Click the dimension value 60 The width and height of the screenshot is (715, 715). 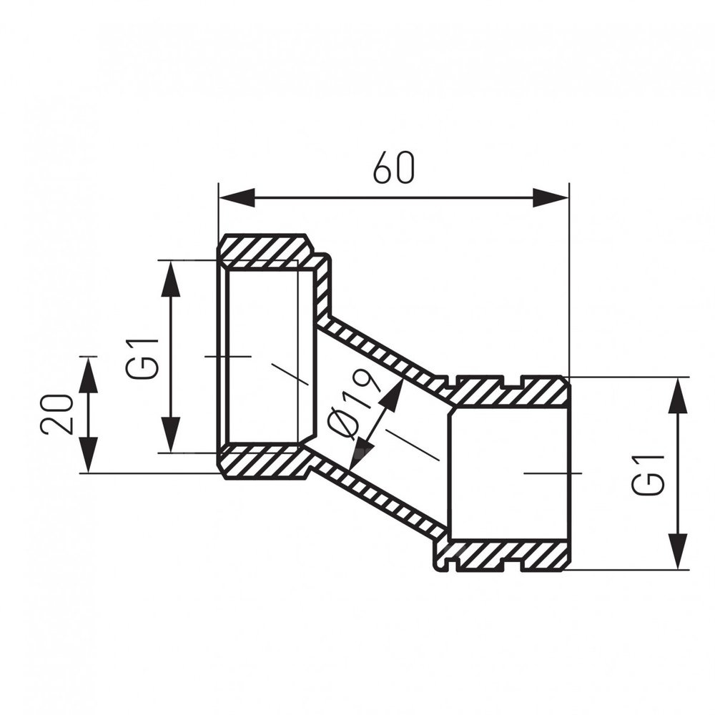pos(394,167)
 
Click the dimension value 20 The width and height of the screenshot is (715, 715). pos(56,414)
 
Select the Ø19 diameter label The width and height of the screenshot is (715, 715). pos(354,403)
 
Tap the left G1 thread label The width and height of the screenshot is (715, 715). pos(142,358)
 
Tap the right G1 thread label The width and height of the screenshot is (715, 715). pos(647,475)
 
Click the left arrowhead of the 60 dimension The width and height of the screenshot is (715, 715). pos(236,197)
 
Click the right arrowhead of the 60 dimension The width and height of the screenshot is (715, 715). pos(551,197)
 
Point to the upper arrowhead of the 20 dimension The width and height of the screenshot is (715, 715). pos(89,374)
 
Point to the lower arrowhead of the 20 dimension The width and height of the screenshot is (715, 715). pos(89,455)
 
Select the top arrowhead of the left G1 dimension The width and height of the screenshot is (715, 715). pos(171,278)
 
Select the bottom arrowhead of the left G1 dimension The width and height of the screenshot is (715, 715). pos(171,435)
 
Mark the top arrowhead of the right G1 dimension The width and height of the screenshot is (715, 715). pos(679,395)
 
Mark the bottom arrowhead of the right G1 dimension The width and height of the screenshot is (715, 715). pos(679,551)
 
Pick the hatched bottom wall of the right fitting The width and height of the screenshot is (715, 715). pos(506,556)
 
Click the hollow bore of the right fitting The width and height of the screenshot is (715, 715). pos(508,474)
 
